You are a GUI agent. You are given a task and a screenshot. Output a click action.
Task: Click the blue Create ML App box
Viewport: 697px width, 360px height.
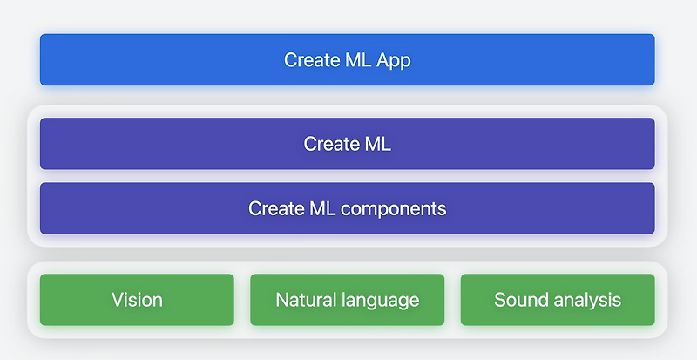(x=347, y=59)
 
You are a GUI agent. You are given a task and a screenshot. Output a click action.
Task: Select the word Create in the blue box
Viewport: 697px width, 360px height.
(x=309, y=60)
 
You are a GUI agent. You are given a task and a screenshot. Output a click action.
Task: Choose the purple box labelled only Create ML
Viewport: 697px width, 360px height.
(x=347, y=143)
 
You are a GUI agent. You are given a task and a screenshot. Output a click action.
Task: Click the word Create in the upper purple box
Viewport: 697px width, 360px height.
(x=329, y=144)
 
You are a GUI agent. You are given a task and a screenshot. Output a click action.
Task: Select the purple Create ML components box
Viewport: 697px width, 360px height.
(x=347, y=208)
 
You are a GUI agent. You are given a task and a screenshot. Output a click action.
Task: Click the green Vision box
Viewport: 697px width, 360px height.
(x=137, y=300)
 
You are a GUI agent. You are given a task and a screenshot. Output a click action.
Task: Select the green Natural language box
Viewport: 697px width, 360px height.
(x=347, y=300)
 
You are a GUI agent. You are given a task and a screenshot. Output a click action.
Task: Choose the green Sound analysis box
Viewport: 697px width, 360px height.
(x=558, y=300)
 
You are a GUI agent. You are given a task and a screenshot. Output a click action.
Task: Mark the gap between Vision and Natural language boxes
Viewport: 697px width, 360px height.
(x=242, y=300)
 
